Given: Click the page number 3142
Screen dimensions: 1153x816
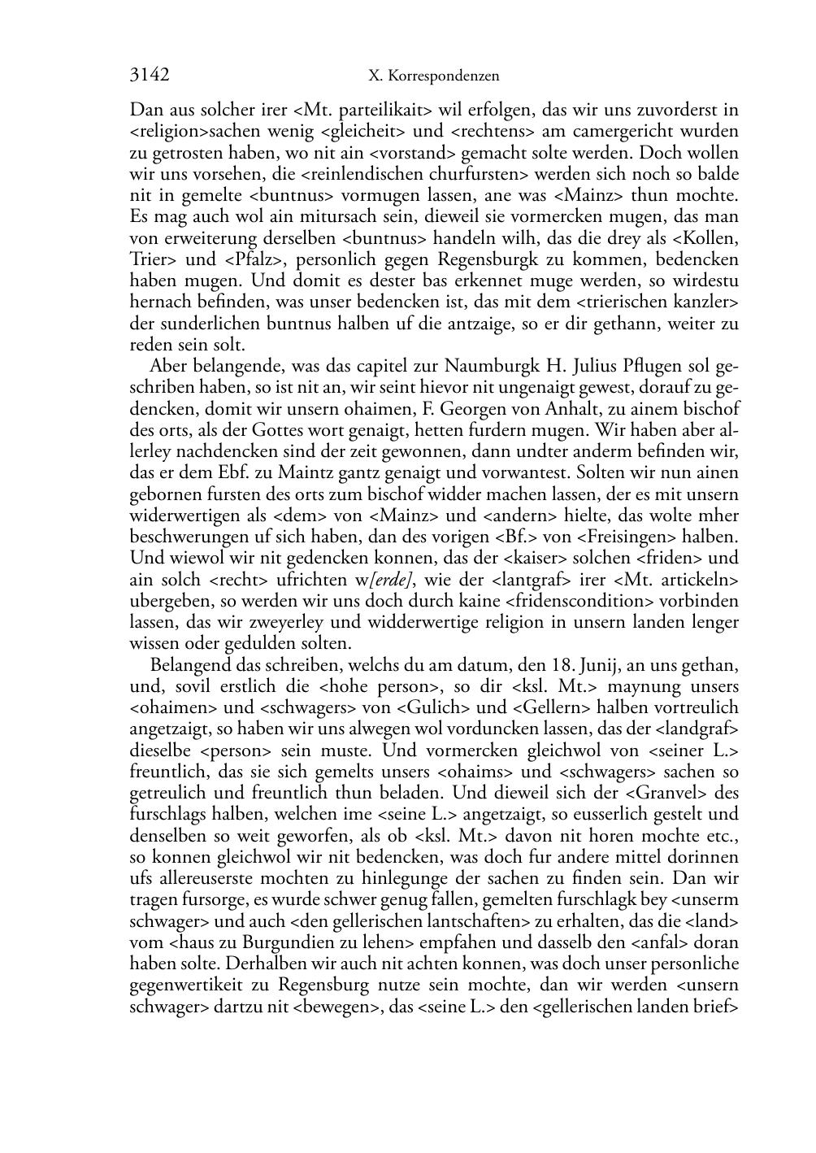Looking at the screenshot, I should [149, 76].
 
